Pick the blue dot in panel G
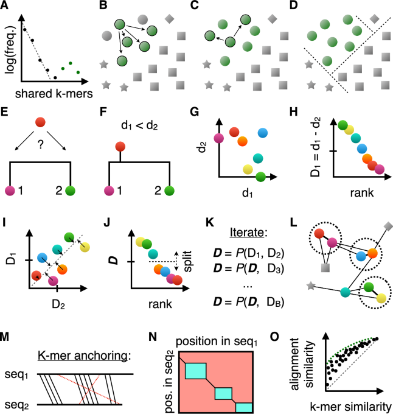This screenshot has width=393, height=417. (x=262, y=132)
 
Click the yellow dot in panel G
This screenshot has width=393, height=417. (x=248, y=169)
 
